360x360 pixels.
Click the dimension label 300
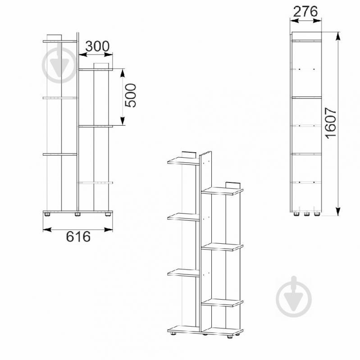pos(97,46)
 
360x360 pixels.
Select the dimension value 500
pos(130,95)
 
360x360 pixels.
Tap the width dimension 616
pos(78,237)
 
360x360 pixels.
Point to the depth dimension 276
pos(305,11)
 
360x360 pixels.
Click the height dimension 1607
pos(331,123)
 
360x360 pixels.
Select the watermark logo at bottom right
pos(294,296)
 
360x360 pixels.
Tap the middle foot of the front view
pos(77,214)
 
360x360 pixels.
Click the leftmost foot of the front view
pos(47,214)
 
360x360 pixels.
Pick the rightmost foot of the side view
pos(317,214)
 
